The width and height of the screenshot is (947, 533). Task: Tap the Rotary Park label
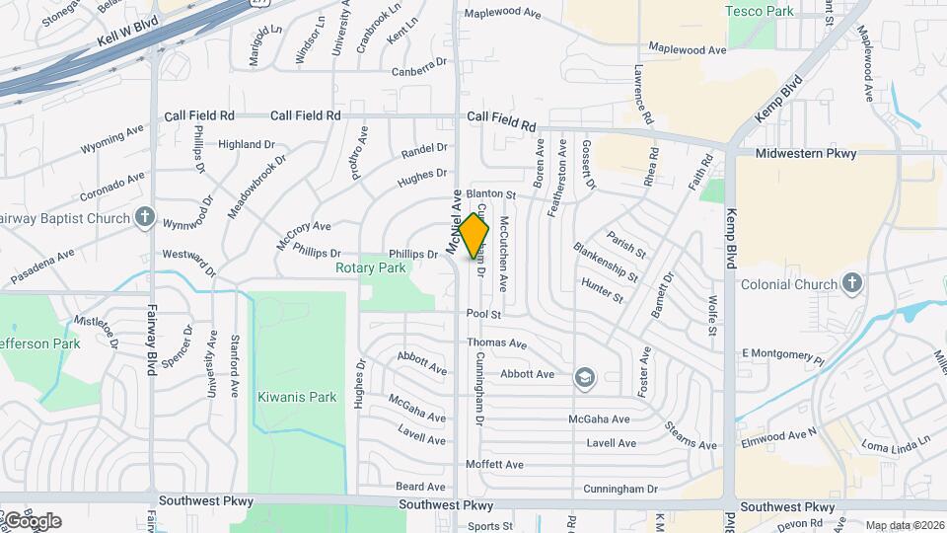[371, 267]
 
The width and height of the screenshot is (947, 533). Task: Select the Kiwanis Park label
[297, 398]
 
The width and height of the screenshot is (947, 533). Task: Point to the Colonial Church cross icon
[853, 284]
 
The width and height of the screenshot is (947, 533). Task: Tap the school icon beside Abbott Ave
[585, 375]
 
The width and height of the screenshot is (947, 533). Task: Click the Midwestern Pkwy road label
[806, 154]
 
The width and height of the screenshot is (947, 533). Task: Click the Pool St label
[484, 314]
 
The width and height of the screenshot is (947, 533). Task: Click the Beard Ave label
[420, 487]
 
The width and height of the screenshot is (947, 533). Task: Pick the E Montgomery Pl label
[782, 354]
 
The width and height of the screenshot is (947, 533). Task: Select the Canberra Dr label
[412, 68]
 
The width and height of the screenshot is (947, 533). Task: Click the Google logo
[32, 520]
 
